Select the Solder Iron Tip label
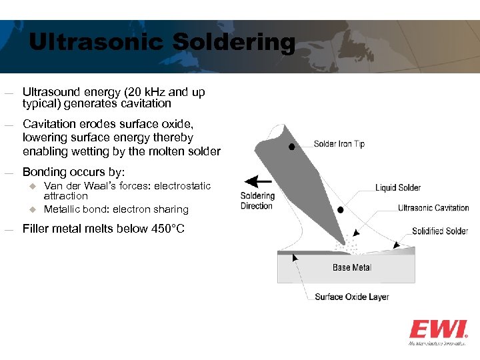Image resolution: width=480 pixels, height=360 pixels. tap(339, 144)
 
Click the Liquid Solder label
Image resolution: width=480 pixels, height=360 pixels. tap(398, 188)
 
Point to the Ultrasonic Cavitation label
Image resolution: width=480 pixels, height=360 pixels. tap(433, 208)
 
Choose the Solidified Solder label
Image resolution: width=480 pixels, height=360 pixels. tap(440, 231)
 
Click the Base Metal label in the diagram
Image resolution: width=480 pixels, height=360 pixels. tap(352, 267)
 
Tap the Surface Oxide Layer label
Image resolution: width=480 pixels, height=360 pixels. tap(351, 297)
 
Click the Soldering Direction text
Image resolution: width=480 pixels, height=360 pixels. tap(257, 201)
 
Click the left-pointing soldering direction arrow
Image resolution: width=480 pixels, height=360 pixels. tap(257, 181)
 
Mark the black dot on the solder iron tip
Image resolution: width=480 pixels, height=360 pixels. tap(292, 147)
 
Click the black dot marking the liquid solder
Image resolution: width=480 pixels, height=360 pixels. tap(341, 209)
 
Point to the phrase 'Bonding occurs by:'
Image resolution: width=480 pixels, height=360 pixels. tap(73, 172)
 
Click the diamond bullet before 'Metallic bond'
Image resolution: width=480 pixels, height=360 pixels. tap(30, 209)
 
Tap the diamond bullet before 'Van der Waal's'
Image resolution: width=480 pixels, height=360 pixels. tap(30, 186)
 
